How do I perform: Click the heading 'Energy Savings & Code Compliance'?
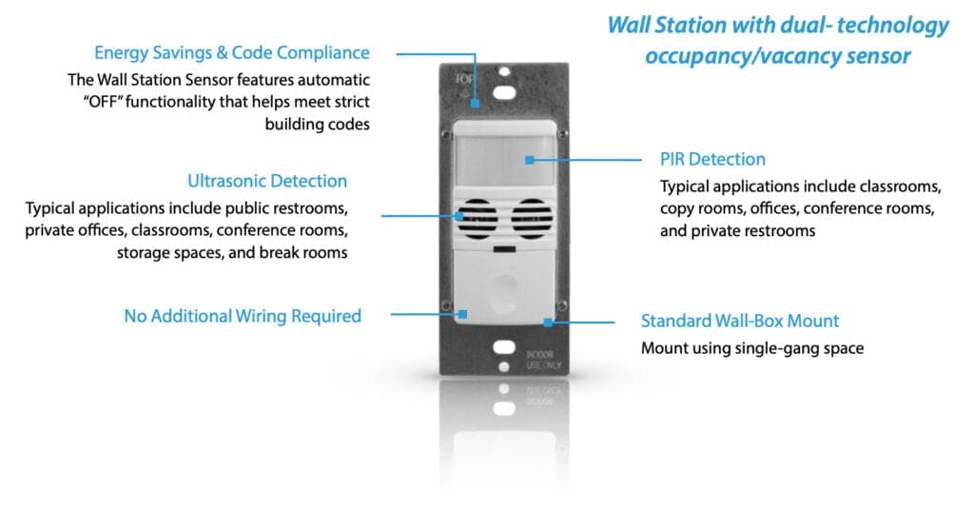[x=231, y=53]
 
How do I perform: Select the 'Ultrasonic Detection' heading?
[x=267, y=181]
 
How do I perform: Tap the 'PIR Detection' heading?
[x=712, y=159]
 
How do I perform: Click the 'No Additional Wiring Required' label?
[x=243, y=316]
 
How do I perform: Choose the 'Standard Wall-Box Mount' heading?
[x=740, y=321]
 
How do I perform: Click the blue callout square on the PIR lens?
[x=529, y=159]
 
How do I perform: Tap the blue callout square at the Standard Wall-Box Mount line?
[x=549, y=322]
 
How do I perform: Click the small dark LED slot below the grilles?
[x=504, y=250]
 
